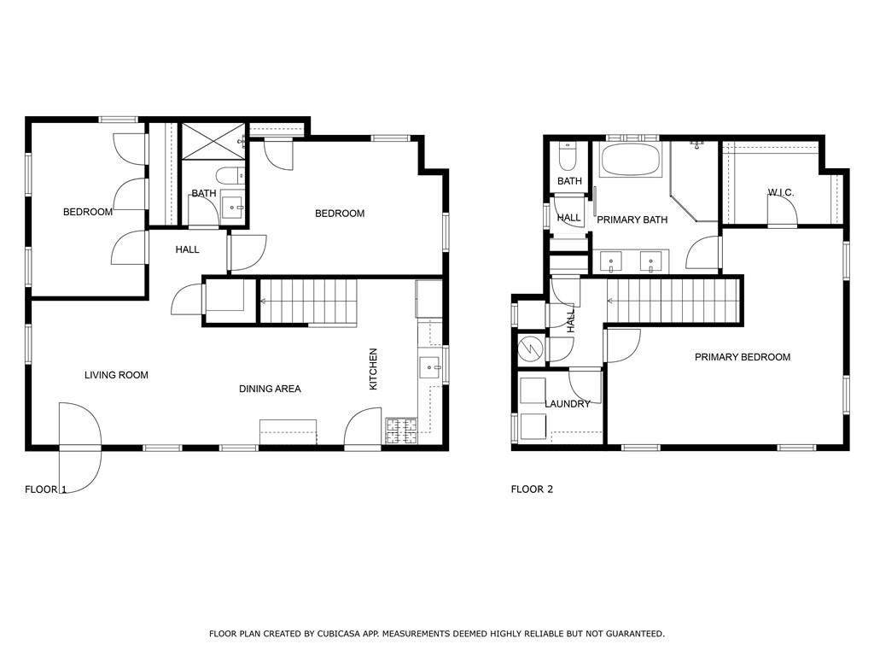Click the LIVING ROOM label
[x=116, y=375]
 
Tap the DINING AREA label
[x=270, y=389]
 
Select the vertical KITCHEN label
[x=373, y=369]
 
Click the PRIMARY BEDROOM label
[x=742, y=357]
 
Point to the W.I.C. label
[x=780, y=193]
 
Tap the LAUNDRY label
[x=568, y=404]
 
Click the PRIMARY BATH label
[x=632, y=220]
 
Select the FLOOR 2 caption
[x=532, y=489]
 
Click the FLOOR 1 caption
[x=45, y=489]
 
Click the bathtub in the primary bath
[x=631, y=160]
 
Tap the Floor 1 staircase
[x=307, y=301]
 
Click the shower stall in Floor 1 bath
[x=213, y=141]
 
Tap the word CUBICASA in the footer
[x=335, y=634]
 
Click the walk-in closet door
[x=782, y=214]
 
